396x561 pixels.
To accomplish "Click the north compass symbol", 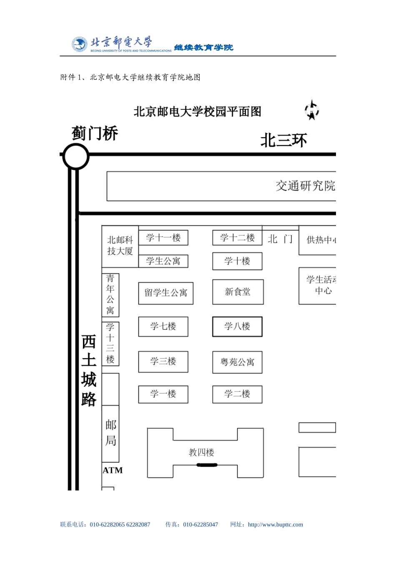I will pos(312,111).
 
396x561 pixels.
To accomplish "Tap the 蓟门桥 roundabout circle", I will pos(76,157).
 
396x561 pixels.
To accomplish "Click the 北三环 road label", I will pos(283,141).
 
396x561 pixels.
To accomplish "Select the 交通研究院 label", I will pos(305,186).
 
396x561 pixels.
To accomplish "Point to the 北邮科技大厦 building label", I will pos(120,245).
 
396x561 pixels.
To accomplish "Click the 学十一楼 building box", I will pos(163,238).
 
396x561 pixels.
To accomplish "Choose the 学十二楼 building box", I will pos(237,238).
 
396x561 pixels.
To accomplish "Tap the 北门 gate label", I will pos(280,239).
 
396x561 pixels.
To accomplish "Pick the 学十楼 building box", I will pos(237,261).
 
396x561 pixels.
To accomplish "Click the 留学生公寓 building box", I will pos(165,293).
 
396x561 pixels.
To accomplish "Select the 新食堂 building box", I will pos(238,292).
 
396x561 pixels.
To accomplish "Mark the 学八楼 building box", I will pos(237,326).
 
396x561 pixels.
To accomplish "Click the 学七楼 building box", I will pos(163,326).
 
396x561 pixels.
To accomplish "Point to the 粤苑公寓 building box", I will pos(237,362).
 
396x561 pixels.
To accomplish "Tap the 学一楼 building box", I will pos(163,394).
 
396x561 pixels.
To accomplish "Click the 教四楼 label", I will pos(201,452).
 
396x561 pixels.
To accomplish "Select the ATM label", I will pos(113,470).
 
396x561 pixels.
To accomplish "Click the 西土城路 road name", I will pos(89,370).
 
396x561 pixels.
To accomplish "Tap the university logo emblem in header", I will pos(79,44).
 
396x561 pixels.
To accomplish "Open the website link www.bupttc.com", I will pos(275,525).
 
